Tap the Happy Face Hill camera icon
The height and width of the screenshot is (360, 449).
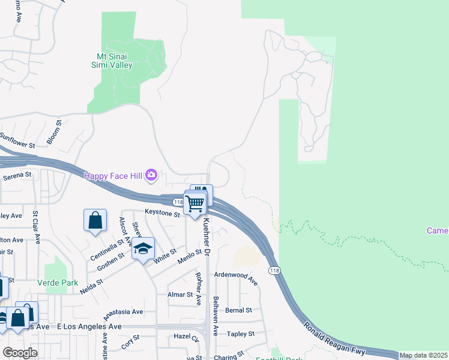pos(151,175)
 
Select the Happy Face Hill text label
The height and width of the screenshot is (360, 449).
pos(112,175)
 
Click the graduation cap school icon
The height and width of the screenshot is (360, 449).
pos(143,248)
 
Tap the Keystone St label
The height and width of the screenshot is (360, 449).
pos(162,213)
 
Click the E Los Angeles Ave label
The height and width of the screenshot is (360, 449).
pos(89,326)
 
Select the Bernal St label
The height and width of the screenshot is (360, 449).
pos(238,310)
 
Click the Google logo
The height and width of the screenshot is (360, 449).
pos(20,352)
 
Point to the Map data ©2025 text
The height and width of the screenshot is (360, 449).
pos(423,355)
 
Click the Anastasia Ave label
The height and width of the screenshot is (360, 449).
pos(123,313)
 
